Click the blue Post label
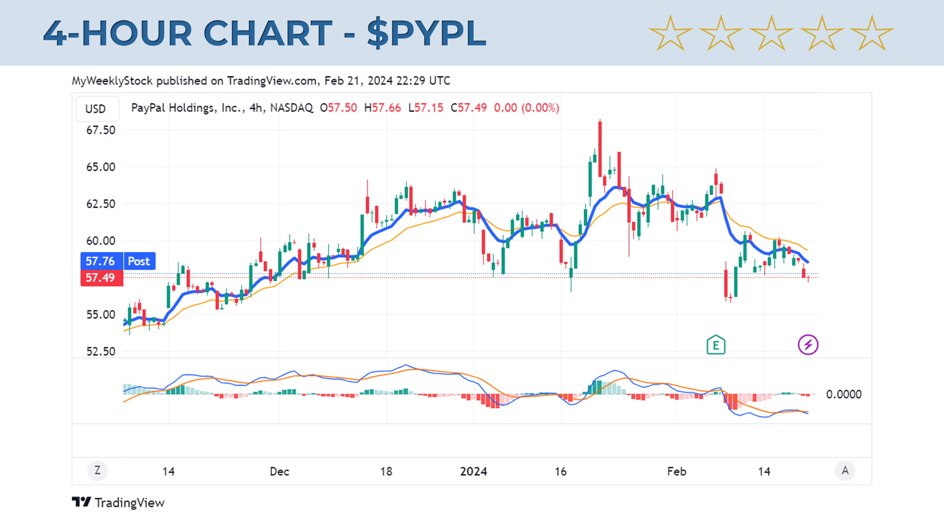pyautogui.click(x=139, y=261)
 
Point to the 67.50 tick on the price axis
pyautogui.click(x=100, y=130)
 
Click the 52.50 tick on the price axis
pyautogui.click(x=100, y=351)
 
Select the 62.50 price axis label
pyautogui.click(x=100, y=204)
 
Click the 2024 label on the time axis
pyautogui.click(x=473, y=471)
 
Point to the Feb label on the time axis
pyautogui.click(x=676, y=471)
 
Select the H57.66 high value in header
pyautogui.click(x=382, y=108)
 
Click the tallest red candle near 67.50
pyautogui.click(x=600, y=148)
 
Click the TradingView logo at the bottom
pyautogui.click(x=118, y=502)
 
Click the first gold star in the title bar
pyautogui.click(x=670, y=34)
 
